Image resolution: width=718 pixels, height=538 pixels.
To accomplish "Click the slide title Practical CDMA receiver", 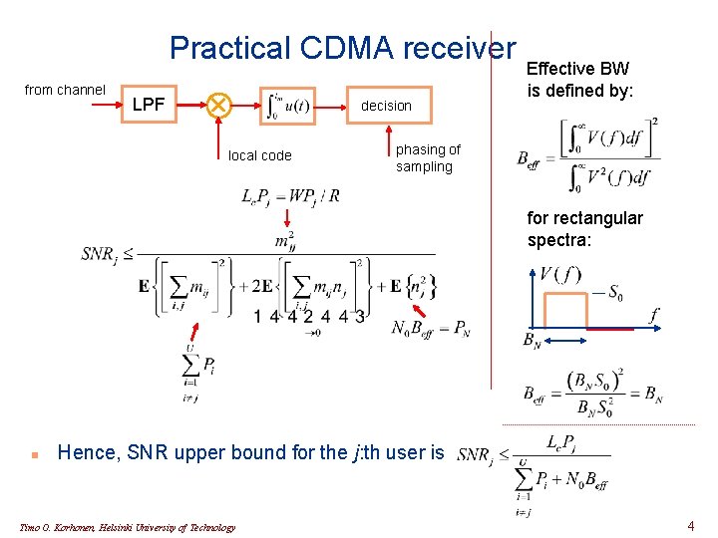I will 342,48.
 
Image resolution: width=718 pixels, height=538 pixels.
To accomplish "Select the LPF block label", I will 150,104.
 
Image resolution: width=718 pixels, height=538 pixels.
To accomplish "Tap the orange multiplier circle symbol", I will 216,104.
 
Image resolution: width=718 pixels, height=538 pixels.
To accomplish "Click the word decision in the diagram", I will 386,106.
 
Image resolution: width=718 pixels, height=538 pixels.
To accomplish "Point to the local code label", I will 260,155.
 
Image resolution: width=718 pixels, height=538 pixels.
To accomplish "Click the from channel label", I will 65,90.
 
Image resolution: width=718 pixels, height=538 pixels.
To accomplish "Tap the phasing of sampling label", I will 428,158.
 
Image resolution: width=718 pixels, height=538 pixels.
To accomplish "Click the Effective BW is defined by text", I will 579,81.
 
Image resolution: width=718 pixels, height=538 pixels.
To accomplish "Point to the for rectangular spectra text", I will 585,228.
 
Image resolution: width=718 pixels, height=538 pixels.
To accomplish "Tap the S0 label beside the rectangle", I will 609,293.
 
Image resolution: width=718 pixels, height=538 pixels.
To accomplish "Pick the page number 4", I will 691,525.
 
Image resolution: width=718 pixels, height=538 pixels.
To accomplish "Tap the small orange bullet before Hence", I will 34,453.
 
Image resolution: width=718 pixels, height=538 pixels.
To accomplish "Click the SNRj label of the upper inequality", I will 101,254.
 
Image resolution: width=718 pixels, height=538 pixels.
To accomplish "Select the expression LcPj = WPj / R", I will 290,195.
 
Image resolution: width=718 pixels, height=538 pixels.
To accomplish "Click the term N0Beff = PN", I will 431,328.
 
